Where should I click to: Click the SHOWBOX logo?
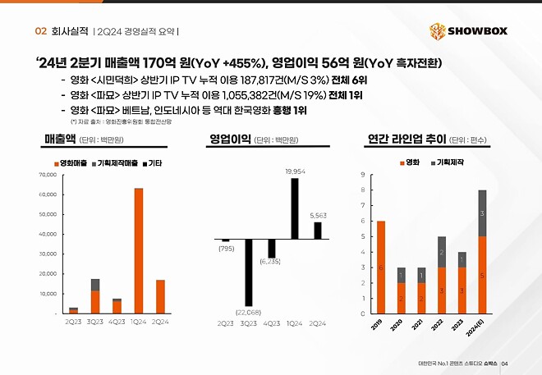click(x=469, y=32)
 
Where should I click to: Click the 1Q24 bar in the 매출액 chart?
click(x=140, y=250)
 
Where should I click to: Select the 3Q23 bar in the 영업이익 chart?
click(x=248, y=272)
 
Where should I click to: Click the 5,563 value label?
click(x=318, y=215)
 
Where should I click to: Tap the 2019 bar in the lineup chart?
click(x=381, y=267)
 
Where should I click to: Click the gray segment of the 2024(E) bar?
click(x=482, y=213)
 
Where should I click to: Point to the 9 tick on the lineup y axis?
click(x=363, y=176)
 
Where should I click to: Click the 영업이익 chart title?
click(x=229, y=140)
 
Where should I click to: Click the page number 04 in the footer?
click(x=506, y=364)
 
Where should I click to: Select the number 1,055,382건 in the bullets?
click(x=244, y=95)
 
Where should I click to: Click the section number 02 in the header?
click(x=39, y=31)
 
